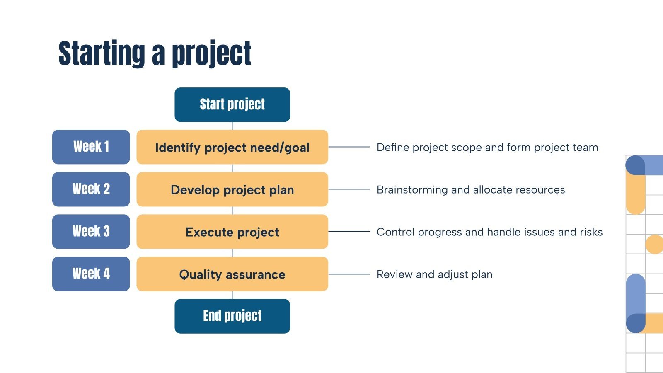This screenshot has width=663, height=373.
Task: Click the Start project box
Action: (x=232, y=104)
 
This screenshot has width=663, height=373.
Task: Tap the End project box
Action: (x=232, y=316)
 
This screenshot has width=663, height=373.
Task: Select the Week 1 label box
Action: (x=91, y=147)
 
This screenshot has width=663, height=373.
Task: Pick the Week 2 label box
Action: (x=91, y=189)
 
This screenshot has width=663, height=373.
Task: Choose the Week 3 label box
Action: (x=91, y=231)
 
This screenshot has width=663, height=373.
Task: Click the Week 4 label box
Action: (x=91, y=274)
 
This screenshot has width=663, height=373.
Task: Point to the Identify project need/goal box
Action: (x=232, y=147)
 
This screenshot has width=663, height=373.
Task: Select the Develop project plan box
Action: (x=232, y=189)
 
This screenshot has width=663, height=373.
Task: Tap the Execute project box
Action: (x=232, y=232)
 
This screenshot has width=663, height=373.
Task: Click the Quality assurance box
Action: (x=232, y=274)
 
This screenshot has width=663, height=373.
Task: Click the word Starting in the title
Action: (x=102, y=54)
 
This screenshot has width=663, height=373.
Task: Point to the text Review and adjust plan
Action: (x=434, y=274)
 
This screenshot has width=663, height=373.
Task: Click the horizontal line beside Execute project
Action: (x=349, y=232)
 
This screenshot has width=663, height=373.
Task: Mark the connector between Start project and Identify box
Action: (x=232, y=126)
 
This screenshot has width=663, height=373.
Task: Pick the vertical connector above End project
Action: (x=232, y=295)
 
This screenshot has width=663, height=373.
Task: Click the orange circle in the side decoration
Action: (x=655, y=244)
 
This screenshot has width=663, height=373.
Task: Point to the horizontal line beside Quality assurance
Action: (x=349, y=274)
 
